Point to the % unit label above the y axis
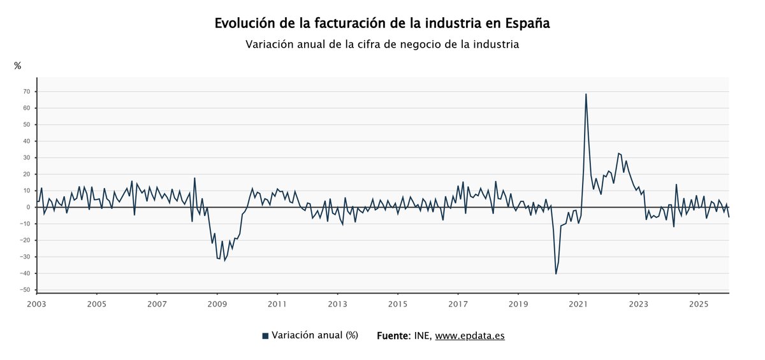tap(18, 66)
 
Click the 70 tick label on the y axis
tap(27, 91)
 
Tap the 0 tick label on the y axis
tap(29, 207)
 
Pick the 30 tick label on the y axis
tap(27, 157)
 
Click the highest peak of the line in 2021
tap(586, 94)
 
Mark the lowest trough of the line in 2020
tap(556, 274)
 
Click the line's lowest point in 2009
tap(224, 261)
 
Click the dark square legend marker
tap(265, 336)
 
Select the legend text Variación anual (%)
tap(314, 335)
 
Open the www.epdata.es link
tap(470, 335)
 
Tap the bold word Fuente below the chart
tap(394, 335)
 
